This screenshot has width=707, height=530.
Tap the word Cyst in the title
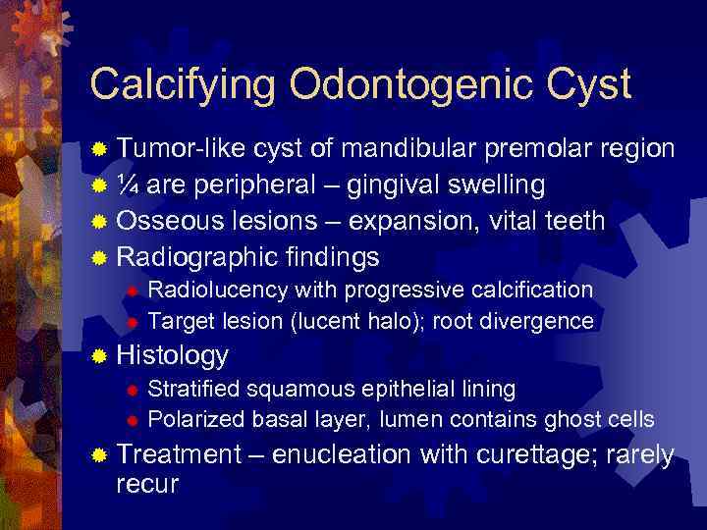[584, 85]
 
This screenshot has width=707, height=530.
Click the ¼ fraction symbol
[127, 185]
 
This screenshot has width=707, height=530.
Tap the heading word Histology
[172, 355]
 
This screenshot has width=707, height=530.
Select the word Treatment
[179, 454]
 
